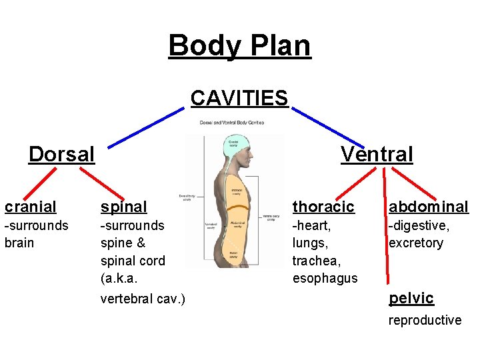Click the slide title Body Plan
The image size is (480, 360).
[239, 46]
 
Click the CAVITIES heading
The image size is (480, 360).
[239, 99]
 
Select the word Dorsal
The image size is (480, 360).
[62, 155]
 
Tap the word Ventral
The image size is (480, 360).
[377, 155]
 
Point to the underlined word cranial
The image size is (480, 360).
[31, 207]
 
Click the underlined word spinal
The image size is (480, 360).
[123, 207]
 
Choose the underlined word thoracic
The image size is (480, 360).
[323, 207]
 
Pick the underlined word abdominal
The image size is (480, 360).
[429, 207]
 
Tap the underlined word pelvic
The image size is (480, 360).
[411, 298]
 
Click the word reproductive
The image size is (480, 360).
[425, 320]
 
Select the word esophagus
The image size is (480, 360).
[325, 278]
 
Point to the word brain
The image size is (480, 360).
[19, 243]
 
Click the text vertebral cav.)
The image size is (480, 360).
[143, 298]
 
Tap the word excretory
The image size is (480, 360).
[416, 243]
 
